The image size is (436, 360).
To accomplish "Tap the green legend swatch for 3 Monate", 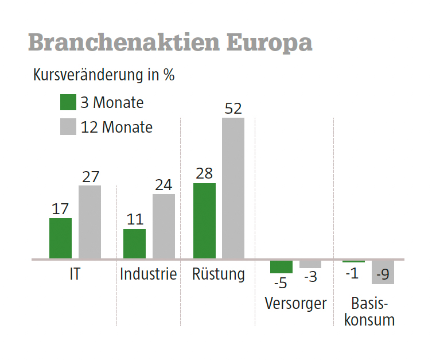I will pos(68,103).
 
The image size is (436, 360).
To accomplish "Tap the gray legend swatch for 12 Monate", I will pos(68,127).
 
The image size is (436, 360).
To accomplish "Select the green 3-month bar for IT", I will pos(60,238).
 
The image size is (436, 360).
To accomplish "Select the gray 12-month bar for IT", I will pos(89,222).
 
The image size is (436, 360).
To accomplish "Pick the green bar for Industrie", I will pos(134,244).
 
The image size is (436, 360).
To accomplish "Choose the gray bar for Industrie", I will pos(163,226).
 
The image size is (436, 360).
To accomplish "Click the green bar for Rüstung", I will pos(204,221).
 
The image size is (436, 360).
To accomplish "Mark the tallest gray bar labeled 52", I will pos(233,188).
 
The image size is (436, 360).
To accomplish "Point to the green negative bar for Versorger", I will pos(281,267).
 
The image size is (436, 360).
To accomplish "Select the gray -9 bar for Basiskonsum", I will pos(383,272).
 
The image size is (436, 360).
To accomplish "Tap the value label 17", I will pos(60,209).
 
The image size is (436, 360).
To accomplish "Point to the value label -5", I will pos(281,282).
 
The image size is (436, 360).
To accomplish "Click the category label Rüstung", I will pos(219,274).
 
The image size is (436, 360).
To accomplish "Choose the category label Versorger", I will pos(295,303).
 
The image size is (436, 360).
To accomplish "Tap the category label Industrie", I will pos(148,274).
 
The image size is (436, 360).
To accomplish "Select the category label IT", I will pos(75,274).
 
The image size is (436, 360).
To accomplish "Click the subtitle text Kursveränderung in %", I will pos(104,75).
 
